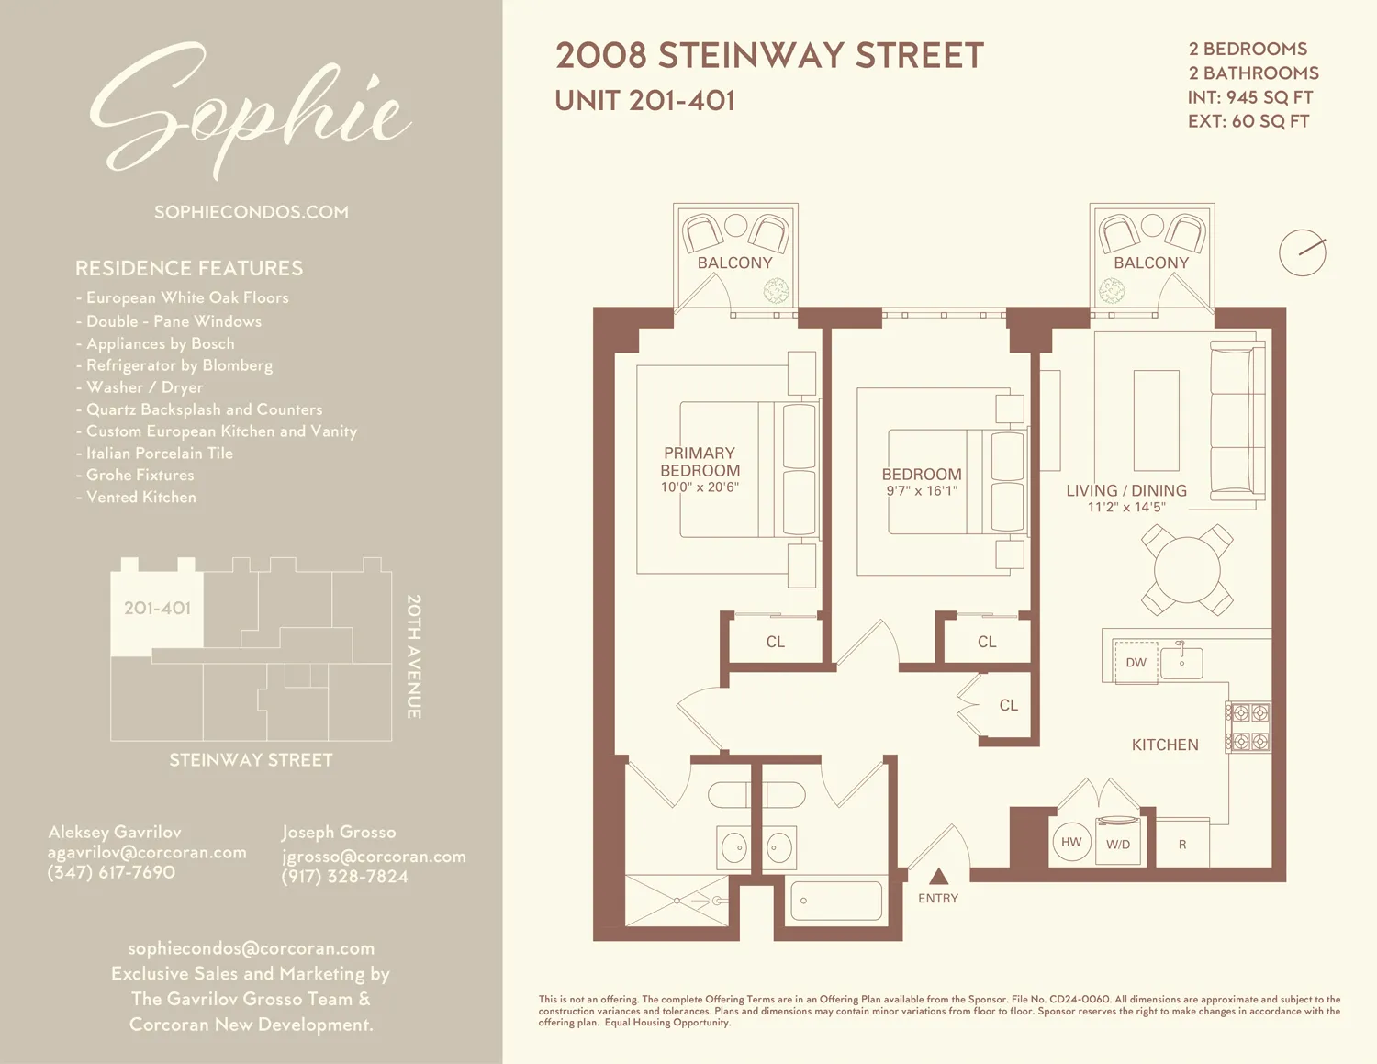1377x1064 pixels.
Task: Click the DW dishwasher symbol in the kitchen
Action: point(1136,663)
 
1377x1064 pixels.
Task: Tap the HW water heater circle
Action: point(1071,842)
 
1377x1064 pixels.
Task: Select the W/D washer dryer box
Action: point(1118,842)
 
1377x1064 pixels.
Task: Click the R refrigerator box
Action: point(1182,844)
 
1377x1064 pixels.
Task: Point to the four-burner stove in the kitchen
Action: point(1249,727)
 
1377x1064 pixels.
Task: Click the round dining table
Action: point(1187,570)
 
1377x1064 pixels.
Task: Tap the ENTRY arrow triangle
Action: point(938,877)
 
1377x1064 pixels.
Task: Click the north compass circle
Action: point(1302,252)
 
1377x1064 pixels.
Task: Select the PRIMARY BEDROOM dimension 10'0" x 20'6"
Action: point(700,487)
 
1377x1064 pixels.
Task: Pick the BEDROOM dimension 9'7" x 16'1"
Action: point(922,491)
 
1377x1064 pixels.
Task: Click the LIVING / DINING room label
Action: point(1126,491)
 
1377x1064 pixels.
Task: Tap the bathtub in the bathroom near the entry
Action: point(836,902)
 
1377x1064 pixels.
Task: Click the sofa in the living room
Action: point(1237,420)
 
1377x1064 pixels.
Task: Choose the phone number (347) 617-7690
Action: point(111,872)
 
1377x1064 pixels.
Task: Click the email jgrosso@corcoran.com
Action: point(374,857)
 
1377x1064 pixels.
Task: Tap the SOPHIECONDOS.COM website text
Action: point(252,212)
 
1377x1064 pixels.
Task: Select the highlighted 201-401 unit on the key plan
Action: point(157,609)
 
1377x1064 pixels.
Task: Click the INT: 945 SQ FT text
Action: point(1249,97)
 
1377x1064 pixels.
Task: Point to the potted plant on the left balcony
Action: point(777,292)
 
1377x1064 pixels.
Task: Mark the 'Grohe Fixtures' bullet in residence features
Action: point(140,475)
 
